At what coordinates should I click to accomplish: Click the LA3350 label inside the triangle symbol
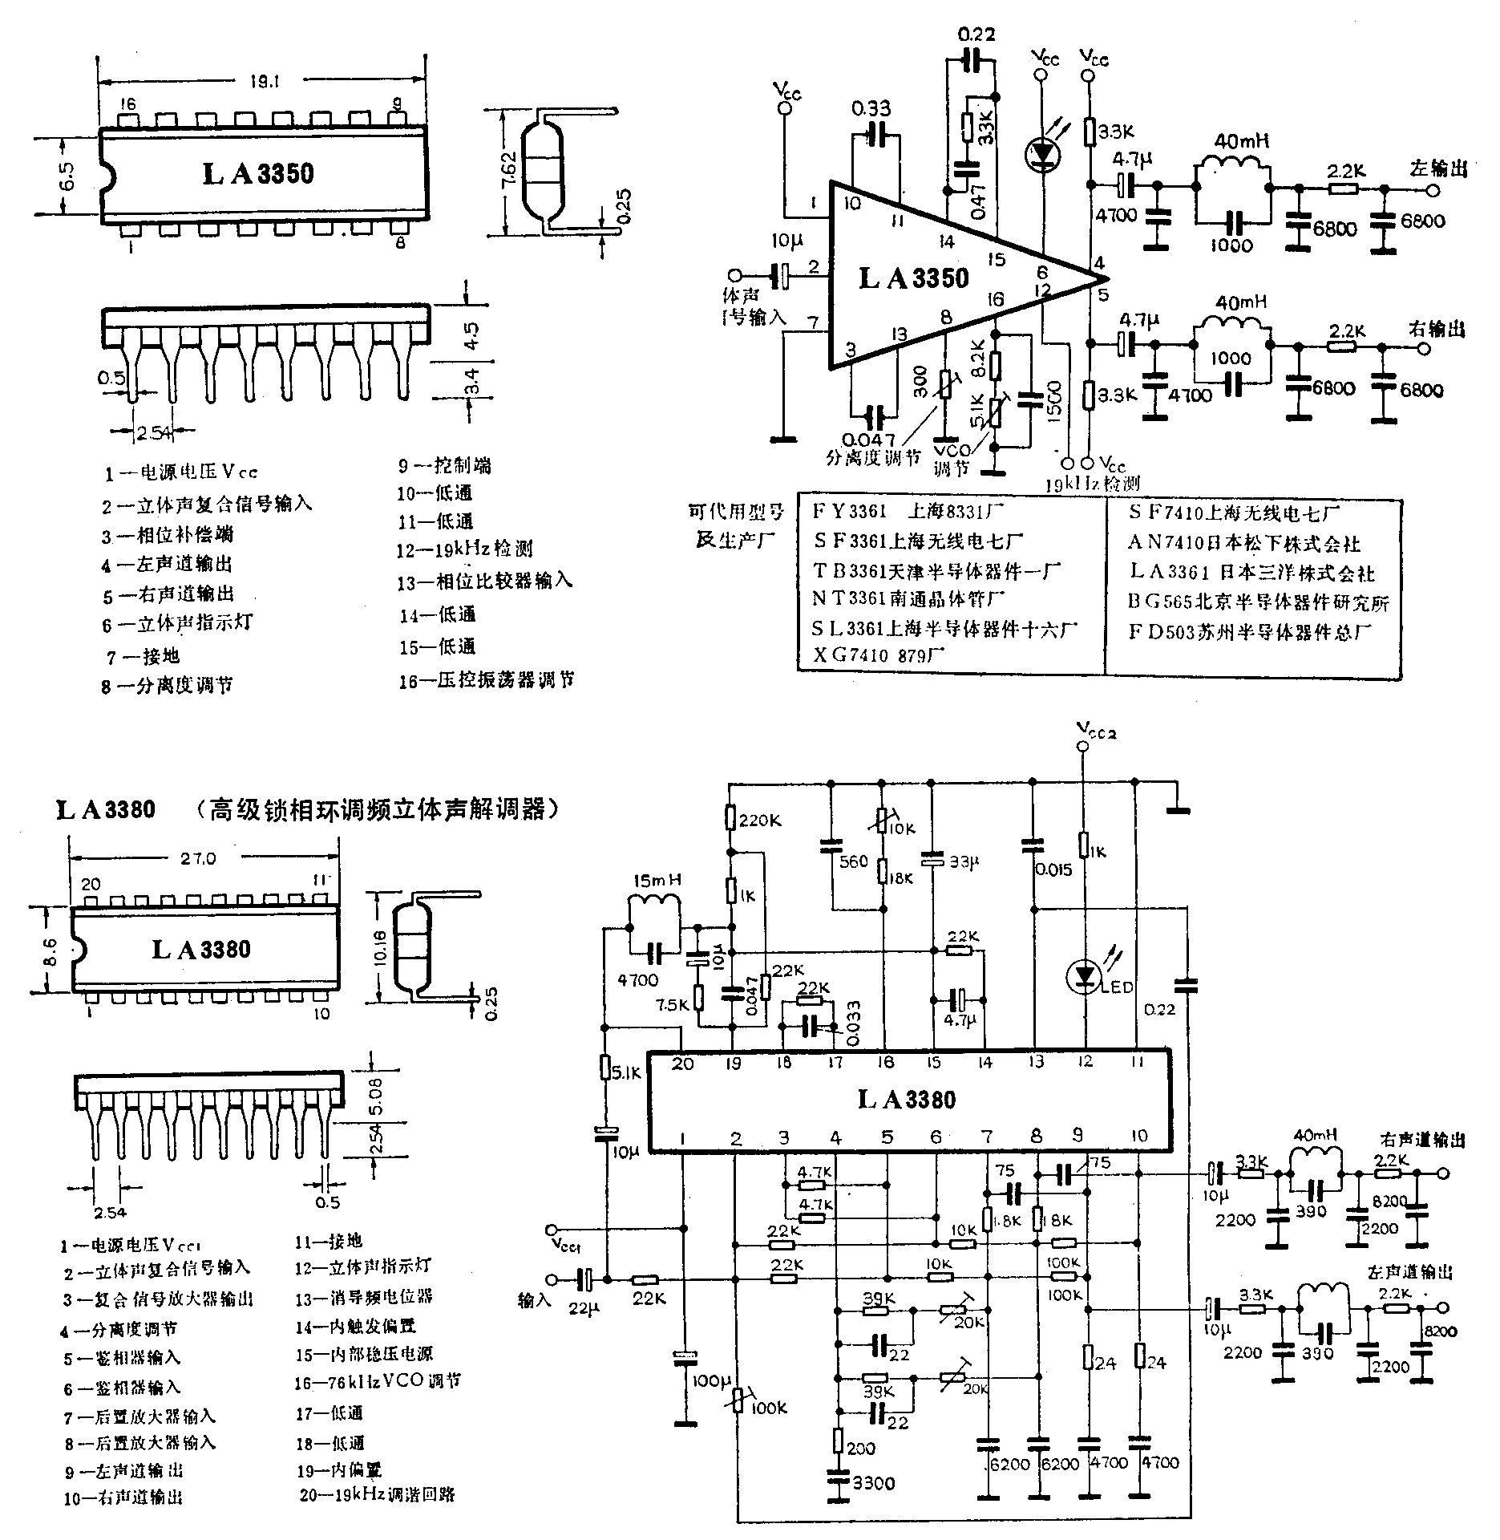click(x=913, y=278)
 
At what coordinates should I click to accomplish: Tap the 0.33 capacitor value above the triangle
click(x=871, y=107)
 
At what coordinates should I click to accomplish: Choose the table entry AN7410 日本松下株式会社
click(x=1244, y=544)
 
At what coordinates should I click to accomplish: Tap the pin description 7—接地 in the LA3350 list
click(x=144, y=657)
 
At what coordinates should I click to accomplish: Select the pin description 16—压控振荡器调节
click(x=487, y=681)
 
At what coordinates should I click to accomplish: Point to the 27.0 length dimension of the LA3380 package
click(x=198, y=858)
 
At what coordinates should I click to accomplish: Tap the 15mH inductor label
click(x=657, y=880)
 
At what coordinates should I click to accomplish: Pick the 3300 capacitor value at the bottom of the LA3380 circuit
click(x=873, y=1483)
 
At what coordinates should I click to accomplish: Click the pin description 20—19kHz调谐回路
click(x=377, y=1495)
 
